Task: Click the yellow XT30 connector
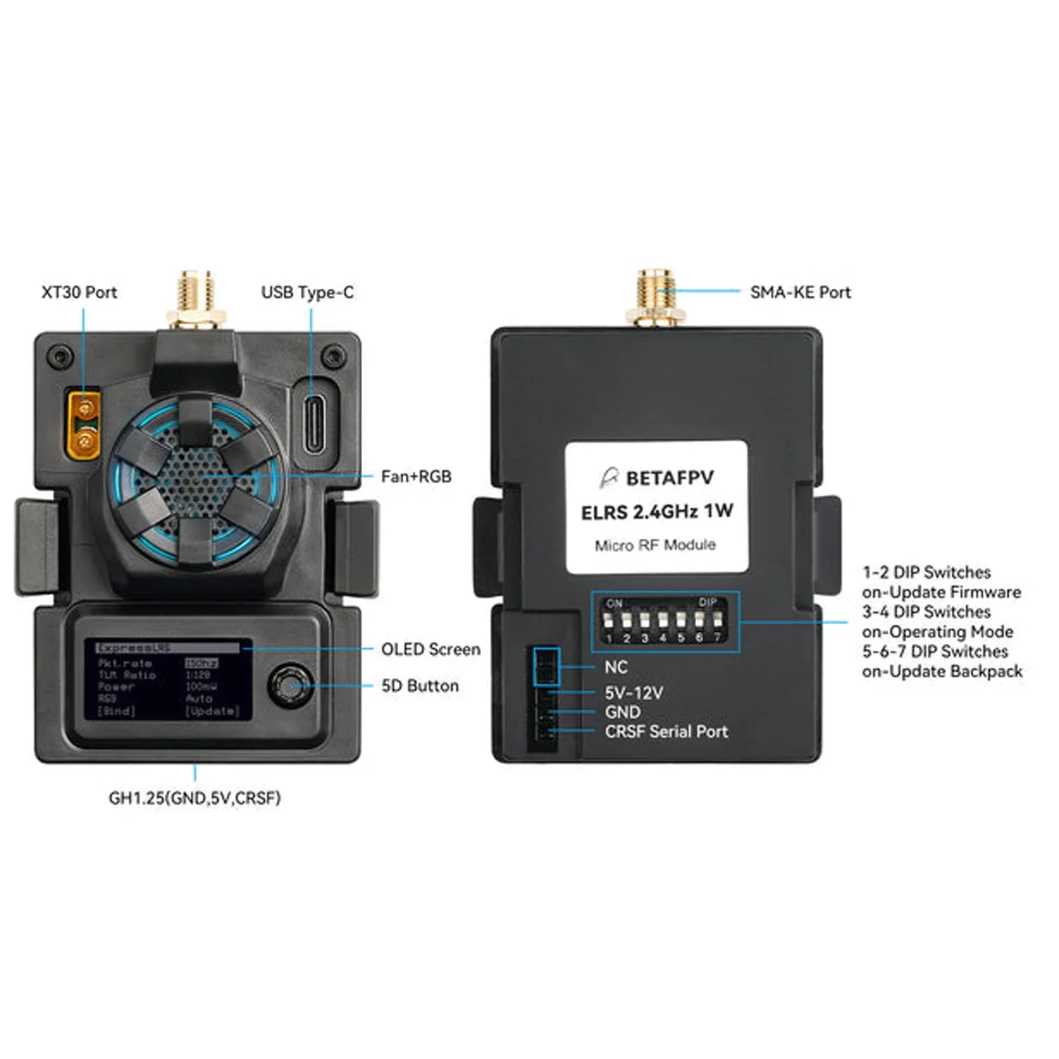[x=84, y=425]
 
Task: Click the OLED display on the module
[x=168, y=680]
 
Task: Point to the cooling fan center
[x=196, y=479]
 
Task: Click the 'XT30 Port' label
[x=79, y=292]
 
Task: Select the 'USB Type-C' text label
[x=307, y=292]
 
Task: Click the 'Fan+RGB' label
[x=416, y=477]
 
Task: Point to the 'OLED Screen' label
[x=431, y=650]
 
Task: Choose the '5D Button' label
[x=420, y=686]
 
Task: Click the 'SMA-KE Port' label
[x=801, y=292]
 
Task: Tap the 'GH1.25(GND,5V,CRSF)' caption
[x=195, y=798]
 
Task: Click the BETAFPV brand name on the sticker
[x=669, y=478]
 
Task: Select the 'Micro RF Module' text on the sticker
[x=655, y=545]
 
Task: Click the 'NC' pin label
[x=616, y=667]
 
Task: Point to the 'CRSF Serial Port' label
[x=666, y=731]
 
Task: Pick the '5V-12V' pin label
[x=633, y=693]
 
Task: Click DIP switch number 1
[x=608, y=622]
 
